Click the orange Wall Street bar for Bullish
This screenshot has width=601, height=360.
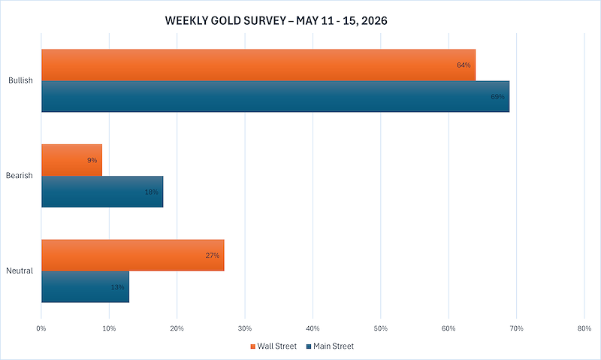(x=258, y=65)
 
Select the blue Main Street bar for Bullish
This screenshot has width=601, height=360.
(x=275, y=97)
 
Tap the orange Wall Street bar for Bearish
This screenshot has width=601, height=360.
(x=71, y=160)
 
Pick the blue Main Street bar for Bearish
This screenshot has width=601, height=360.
(x=102, y=192)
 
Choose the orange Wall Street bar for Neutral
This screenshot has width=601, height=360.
(x=133, y=256)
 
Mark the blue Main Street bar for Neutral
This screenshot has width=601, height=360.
(x=85, y=287)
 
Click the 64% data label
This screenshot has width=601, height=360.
(x=464, y=65)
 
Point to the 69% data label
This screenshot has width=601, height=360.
(x=497, y=97)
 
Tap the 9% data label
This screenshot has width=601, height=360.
(x=92, y=160)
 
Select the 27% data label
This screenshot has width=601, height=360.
(x=213, y=256)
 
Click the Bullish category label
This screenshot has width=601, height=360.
(x=21, y=80)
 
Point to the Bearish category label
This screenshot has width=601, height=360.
(x=20, y=176)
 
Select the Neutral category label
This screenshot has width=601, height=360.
(x=20, y=271)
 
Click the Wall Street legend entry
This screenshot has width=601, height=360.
(x=273, y=346)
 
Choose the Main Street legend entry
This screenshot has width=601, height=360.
(x=330, y=346)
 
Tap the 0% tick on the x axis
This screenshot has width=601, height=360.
(x=41, y=328)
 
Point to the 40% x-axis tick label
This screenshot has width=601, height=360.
(x=313, y=328)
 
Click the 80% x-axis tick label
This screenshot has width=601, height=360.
(x=584, y=328)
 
